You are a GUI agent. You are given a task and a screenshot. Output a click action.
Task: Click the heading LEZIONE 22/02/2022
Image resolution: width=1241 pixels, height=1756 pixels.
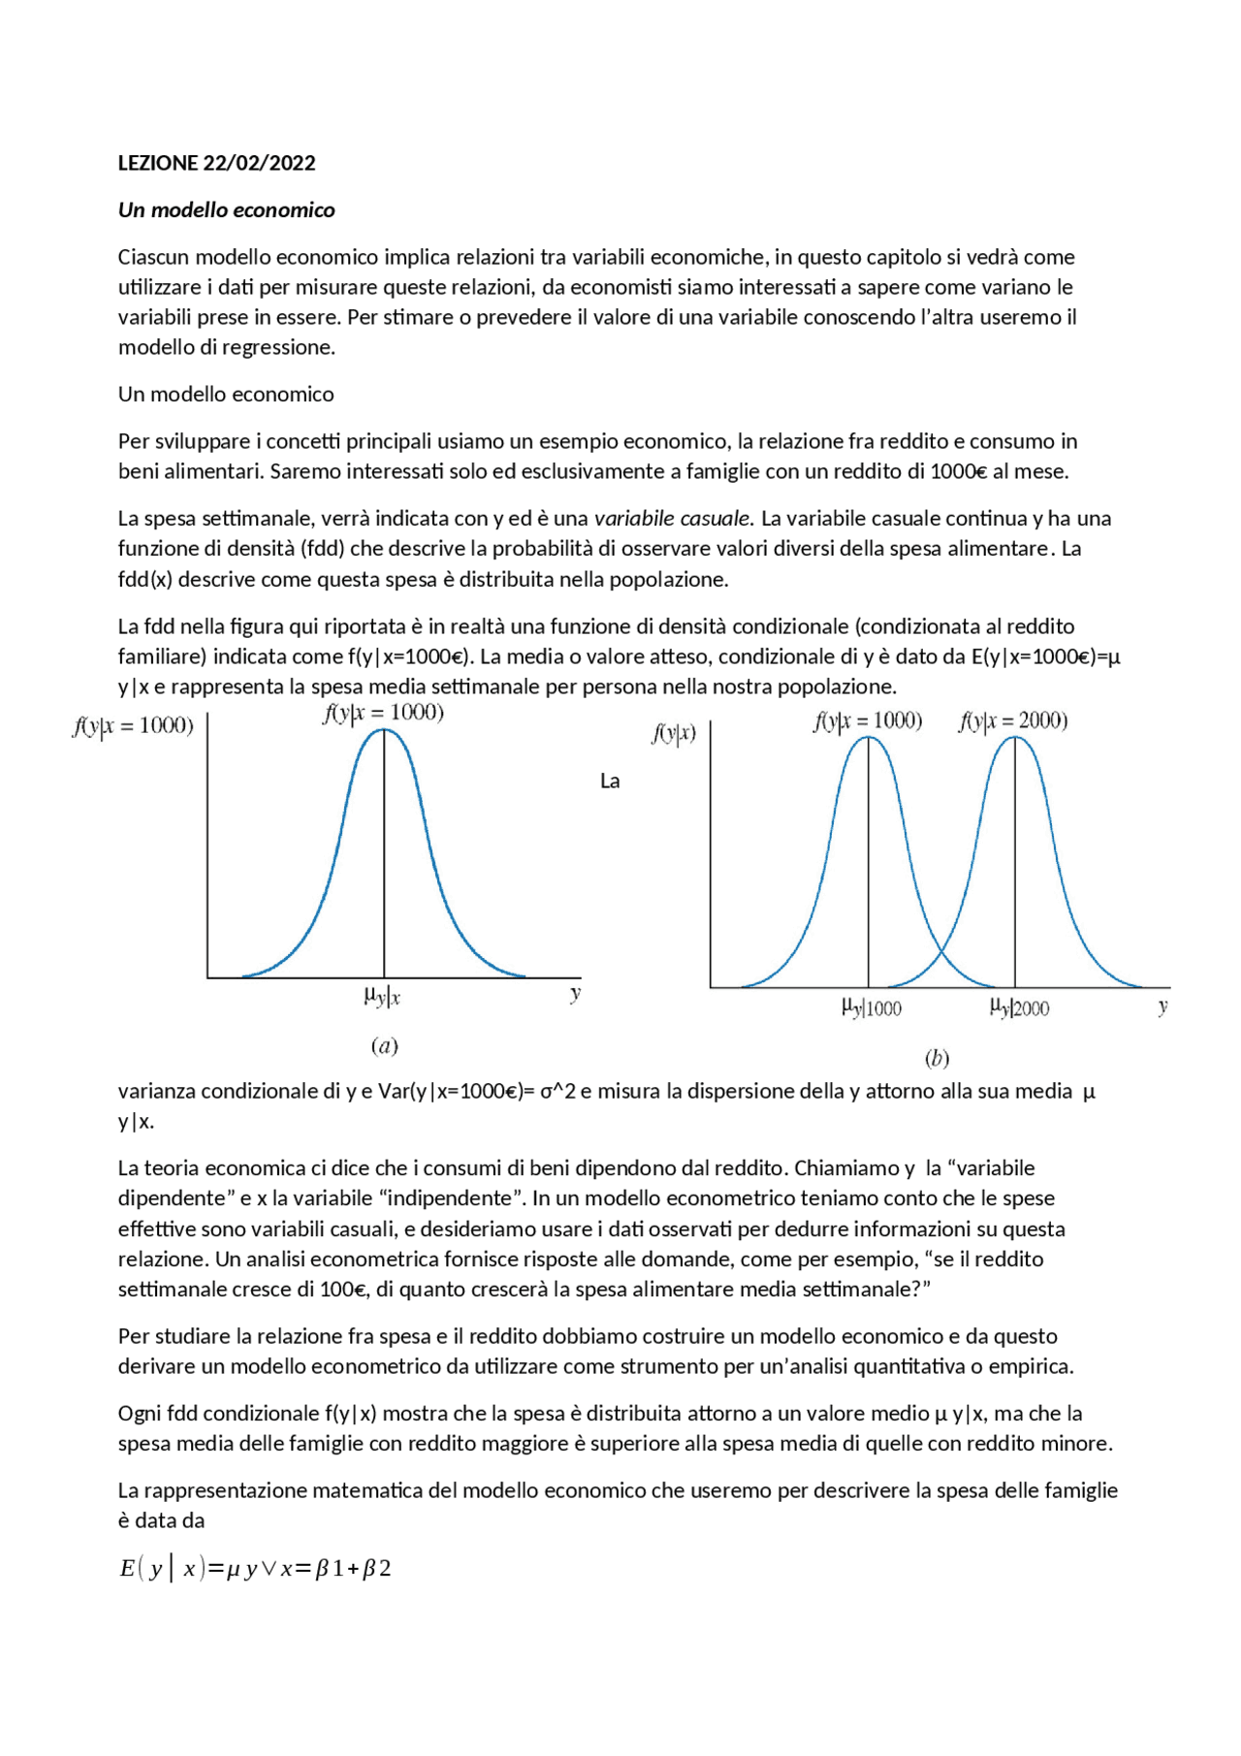[216, 163]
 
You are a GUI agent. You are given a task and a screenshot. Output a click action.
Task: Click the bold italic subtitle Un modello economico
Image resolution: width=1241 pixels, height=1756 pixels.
[226, 210]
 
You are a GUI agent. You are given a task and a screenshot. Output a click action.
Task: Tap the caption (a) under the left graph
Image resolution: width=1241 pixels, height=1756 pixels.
[384, 1045]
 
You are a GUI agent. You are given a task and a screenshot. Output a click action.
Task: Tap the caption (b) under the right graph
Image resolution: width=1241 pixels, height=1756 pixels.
[937, 1058]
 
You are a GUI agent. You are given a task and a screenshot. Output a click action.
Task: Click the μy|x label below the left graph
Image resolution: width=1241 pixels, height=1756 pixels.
[382, 996]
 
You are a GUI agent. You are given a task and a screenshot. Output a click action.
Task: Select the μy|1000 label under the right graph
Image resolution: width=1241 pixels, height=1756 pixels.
[871, 1008]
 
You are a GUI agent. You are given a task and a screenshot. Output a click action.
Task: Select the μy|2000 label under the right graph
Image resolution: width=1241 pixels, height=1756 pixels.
[1019, 1008]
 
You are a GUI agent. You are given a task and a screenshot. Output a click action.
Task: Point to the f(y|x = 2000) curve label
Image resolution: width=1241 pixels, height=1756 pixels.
[1013, 721]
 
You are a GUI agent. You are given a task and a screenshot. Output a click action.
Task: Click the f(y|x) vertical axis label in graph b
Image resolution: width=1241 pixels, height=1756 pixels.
[673, 734]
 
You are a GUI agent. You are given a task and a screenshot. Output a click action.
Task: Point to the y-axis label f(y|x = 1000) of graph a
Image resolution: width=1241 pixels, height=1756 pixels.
[133, 726]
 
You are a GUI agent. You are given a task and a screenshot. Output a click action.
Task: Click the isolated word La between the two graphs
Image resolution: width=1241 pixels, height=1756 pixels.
[610, 782]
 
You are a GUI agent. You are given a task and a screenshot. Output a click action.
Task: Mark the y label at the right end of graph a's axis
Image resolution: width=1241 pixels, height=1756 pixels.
[576, 993]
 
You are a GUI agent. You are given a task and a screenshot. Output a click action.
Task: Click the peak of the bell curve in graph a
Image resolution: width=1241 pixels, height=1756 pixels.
[384, 729]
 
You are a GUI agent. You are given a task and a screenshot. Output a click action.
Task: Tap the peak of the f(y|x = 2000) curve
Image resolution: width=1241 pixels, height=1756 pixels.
[1015, 738]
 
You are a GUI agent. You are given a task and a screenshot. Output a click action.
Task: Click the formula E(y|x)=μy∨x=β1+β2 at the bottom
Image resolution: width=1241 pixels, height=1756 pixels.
[255, 1568]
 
